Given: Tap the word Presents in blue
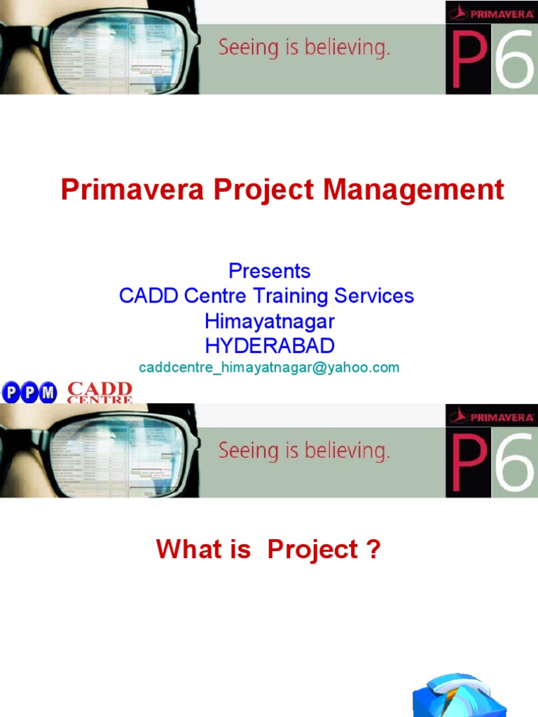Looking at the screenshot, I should [269, 270].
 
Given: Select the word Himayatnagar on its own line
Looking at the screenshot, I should [269, 321].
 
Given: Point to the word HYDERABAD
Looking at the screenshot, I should [269, 345].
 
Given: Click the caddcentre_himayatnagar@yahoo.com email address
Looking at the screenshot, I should [269, 368].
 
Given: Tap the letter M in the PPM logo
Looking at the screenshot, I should [47, 393].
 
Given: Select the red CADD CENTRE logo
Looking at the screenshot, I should [99, 393].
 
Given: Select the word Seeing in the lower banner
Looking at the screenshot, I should [242, 451].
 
